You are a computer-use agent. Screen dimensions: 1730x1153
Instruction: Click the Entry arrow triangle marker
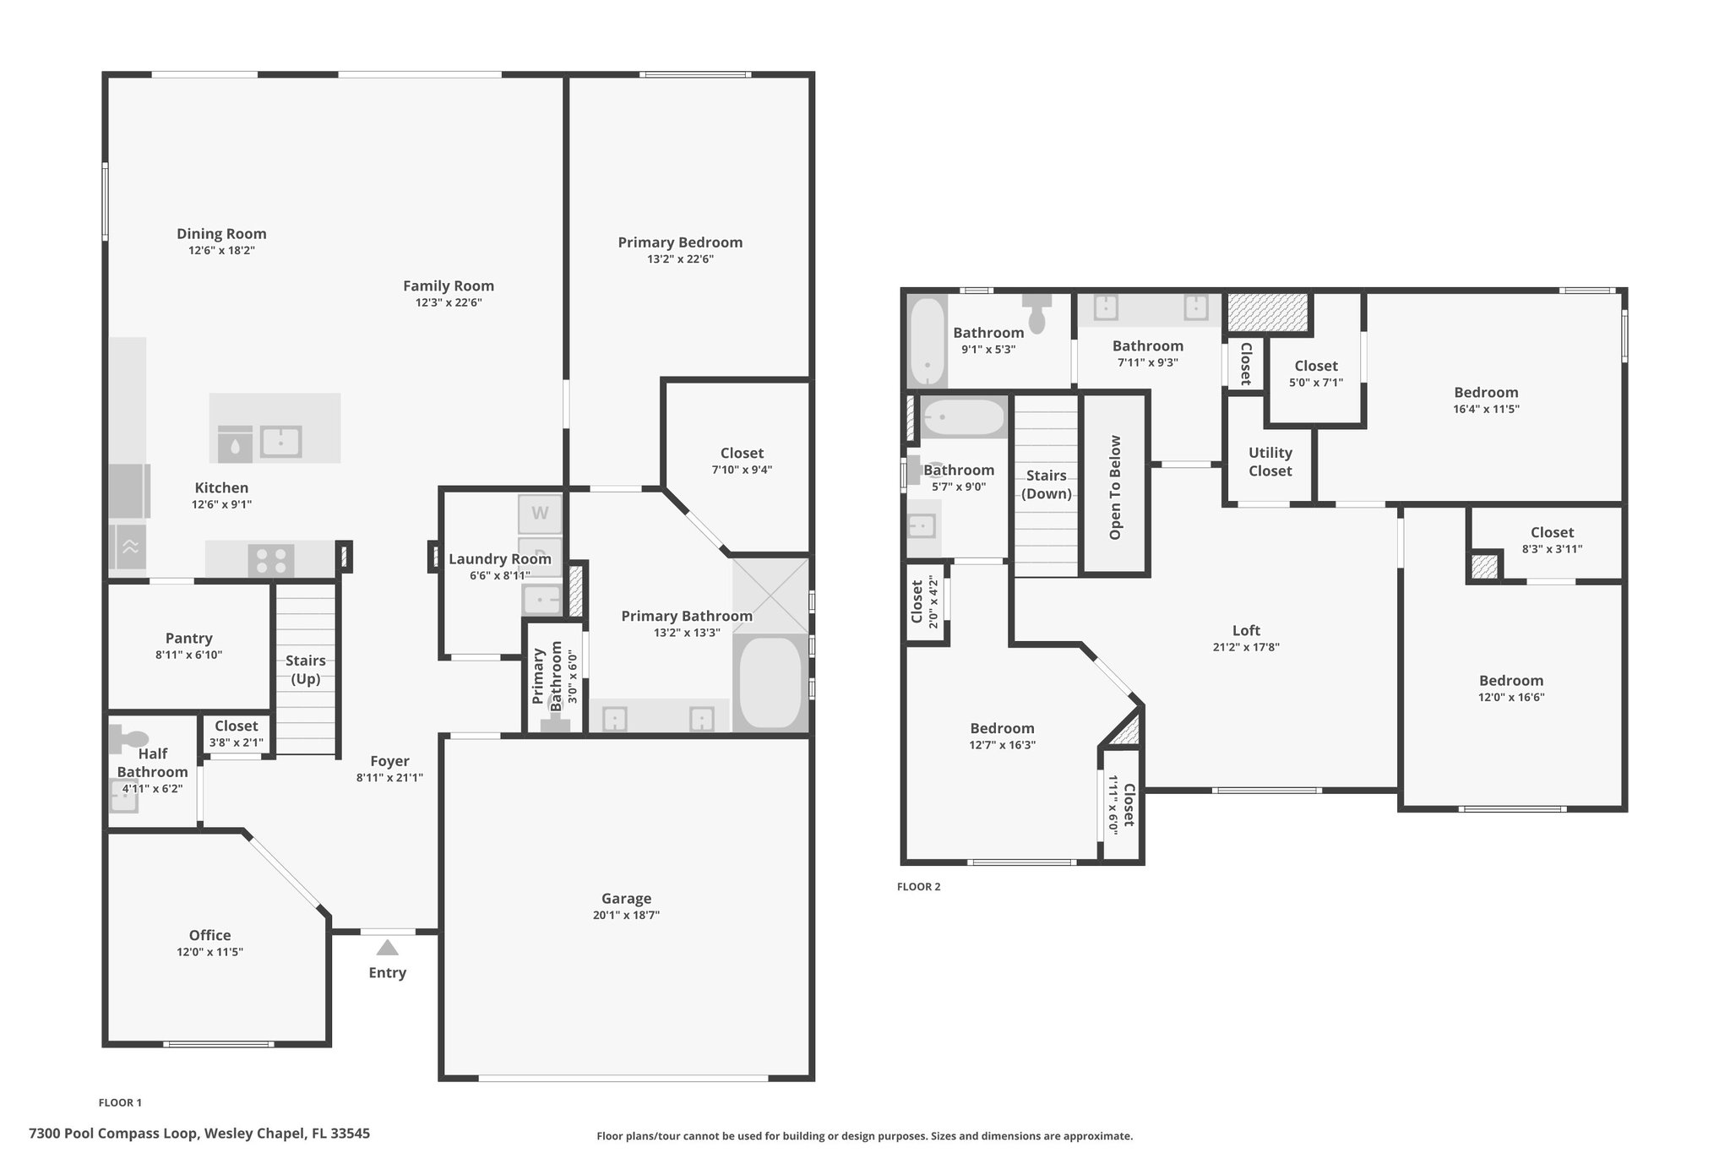coord(387,947)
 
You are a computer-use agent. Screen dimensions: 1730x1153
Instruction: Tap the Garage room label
coord(626,899)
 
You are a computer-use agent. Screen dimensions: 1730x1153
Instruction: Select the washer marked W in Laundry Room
coord(540,513)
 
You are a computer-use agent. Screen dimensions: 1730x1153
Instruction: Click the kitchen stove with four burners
coord(271,560)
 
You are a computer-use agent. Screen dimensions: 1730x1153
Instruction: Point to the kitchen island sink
coord(280,441)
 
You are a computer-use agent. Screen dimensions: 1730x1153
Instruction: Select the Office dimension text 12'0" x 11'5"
coord(209,952)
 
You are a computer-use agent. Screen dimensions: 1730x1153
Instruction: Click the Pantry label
coord(188,639)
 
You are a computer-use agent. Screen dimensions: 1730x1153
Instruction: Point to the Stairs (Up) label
coord(305,670)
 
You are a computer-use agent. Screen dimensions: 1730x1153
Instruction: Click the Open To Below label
coord(1115,487)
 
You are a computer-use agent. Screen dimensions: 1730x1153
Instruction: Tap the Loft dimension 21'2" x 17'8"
coord(1246,648)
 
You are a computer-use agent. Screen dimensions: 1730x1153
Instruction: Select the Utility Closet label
coord(1270,462)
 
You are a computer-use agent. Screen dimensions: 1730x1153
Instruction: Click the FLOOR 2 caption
coord(918,887)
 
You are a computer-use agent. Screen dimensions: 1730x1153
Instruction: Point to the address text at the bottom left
coord(199,1134)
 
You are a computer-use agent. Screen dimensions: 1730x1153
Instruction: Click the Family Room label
coord(449,286)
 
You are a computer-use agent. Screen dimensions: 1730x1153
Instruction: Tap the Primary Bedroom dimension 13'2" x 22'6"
coord(680,259)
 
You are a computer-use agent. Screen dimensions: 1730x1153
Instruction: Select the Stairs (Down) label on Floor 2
coord(1047,485)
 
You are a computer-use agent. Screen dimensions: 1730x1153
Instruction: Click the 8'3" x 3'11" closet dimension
coord(1552,549)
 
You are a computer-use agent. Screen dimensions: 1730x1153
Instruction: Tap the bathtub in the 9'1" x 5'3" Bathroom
coord(927,342)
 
